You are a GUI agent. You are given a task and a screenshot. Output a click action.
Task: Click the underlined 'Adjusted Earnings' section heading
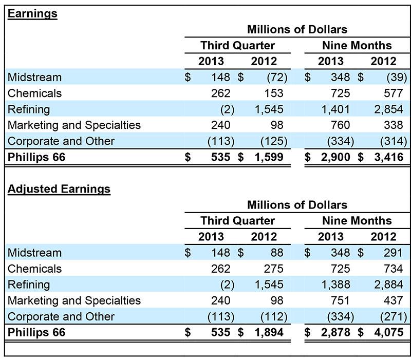59,189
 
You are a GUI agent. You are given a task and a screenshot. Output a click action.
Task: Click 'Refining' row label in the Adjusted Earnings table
29,285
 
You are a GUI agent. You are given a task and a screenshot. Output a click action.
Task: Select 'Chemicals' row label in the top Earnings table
34,93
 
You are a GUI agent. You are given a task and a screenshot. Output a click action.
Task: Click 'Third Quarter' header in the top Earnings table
237,45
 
